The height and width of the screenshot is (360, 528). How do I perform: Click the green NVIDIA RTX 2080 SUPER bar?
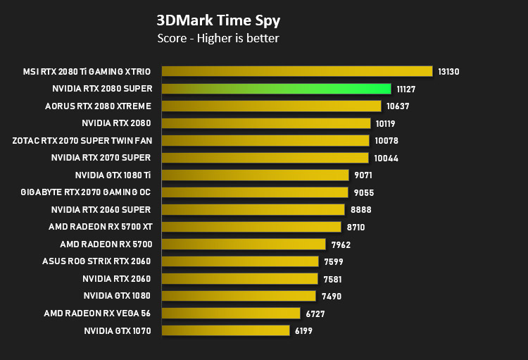(276, 89)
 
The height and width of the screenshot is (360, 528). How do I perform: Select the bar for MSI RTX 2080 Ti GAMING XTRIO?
(297, 71)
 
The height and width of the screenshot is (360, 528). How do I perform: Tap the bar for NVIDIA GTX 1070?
(225, 330)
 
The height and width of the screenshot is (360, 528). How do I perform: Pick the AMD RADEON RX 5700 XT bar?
(251, 227)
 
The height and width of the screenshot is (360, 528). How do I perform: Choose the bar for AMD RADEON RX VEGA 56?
(231, 313)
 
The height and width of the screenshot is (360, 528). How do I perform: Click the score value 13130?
(448, 72)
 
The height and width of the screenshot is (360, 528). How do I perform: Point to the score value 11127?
(406, 89)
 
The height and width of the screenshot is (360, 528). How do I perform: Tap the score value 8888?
(361, 210)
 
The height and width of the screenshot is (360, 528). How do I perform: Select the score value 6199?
(303, 331)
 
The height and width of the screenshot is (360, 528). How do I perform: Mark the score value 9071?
(363, 175)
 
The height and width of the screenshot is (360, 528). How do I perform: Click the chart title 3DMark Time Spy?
(218, 20)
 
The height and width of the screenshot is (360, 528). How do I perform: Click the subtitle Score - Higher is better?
(218, 38)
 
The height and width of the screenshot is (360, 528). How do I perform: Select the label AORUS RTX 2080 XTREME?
(98, 106)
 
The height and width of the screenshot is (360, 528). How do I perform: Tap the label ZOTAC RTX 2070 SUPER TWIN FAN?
(82, 141)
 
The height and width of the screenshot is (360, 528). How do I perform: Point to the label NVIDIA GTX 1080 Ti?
(113, 175)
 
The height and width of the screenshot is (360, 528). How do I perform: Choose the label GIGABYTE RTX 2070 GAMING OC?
(85, 192)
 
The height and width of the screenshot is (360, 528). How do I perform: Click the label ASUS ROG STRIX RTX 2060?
(96, 261)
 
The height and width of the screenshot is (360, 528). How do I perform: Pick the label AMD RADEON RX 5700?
(106, 244)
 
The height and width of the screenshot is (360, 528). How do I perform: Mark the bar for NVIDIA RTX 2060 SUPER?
(253, 209)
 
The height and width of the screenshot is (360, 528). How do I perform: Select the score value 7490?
(332, 297)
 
